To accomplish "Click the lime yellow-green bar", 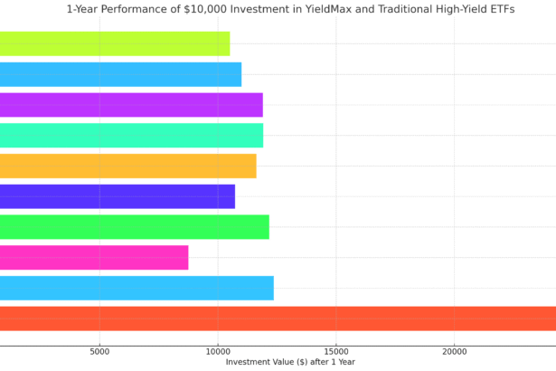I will pos(115,43).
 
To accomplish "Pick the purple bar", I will pos(131,105).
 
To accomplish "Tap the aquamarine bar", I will pos(131,136).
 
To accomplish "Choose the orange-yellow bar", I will pos(127,166).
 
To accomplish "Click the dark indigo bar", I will pos(118,196).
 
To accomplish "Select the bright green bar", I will pos(134,227).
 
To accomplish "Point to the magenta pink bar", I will pos(94,258).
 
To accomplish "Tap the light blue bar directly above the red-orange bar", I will pos(137,289).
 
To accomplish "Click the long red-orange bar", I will pos(278,319).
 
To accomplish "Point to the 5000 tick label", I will pos(99,351).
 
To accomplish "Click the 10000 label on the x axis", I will pos(218,351).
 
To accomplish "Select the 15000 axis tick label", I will pos(336,351).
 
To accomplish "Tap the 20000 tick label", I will pos(454,351).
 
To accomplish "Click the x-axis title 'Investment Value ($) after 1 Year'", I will pos(290,362).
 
